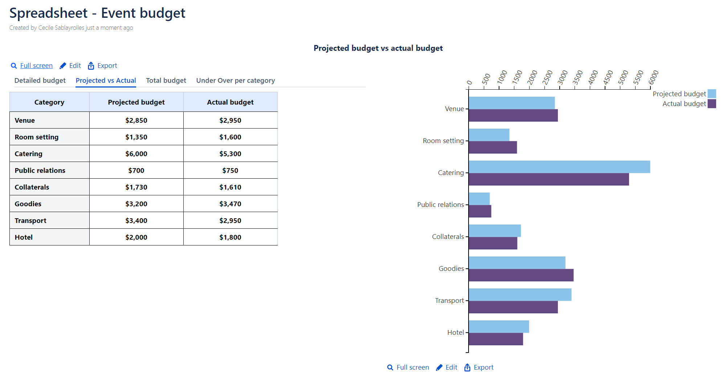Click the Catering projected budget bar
(559, 167)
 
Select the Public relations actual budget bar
(480, 211)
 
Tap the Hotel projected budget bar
(499, 326)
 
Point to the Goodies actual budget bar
(521, 275)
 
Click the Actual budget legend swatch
(712, 104)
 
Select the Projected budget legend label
(679, 94)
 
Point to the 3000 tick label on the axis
(563, 77)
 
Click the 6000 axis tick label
(653, 77)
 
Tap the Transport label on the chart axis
(449, 301)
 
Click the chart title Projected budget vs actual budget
(378, 48)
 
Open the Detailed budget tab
(40, 81)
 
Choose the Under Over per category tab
(235, 81)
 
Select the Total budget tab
(166, 81)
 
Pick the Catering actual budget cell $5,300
(230, 154)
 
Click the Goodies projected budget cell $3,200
(136, 204)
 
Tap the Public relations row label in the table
(40, 171)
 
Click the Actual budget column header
(230, 102)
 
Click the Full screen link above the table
(36, 66)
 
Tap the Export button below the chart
(479, 367)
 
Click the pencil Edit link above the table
(71, 66)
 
